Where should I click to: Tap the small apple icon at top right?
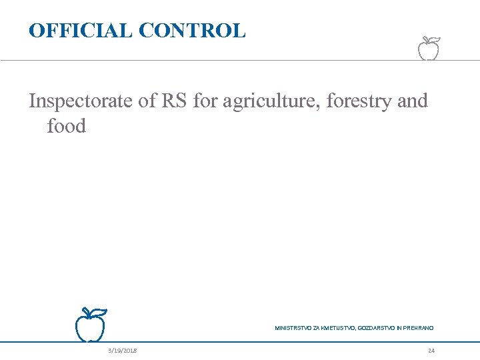pyautogui.click(x=429, y=48)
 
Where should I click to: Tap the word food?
pyautogui.click(x=67, y=126)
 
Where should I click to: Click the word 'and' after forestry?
pyautogui.click(x=412, y=102)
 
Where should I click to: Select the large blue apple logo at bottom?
pyautogui.click(x=90, y=326)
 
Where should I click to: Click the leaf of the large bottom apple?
pyautogui.click(x=99, y=311)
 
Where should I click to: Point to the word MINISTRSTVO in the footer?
pyautogui.click(x=293, y=328)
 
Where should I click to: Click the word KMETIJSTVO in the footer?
pyautogui.click(x=339, y=328)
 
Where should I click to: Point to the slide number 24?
pyautogui.click(x=431, y=351)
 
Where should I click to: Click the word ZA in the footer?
pyautogui.click(x=317, y=328)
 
